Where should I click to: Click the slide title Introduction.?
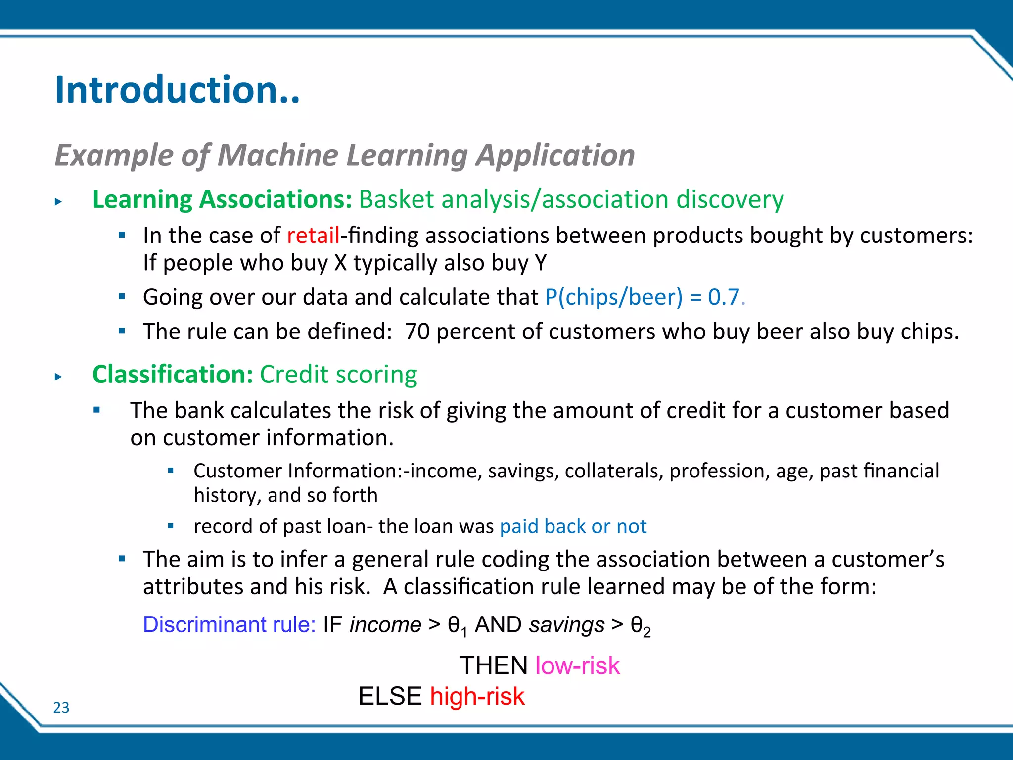[177, 90]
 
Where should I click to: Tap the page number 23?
[61, 708]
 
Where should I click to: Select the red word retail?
[313, 236]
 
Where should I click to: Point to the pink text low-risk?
[577, 665]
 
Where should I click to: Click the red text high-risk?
[477, 696]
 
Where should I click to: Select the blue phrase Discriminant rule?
[229, 624]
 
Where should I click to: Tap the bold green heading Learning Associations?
[222, 199]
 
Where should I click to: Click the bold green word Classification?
[173, 375]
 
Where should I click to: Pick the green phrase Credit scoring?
[338, 375]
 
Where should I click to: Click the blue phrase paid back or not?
[573, 526]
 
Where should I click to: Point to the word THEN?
[494, 665]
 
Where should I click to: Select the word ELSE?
[390, 696]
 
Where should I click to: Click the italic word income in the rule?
[385, 625]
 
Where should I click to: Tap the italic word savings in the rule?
[567, 625]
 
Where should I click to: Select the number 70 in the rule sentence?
[417, 332]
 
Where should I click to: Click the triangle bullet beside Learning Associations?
[58, 202]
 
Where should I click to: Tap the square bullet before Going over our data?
[122, 297]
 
